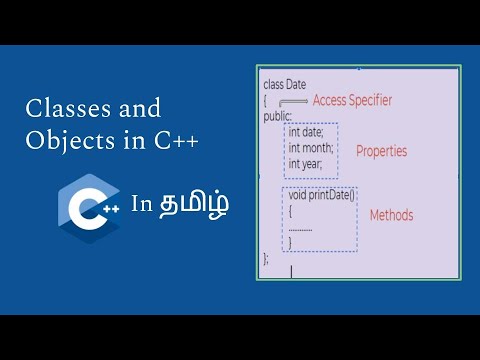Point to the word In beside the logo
coord(141,205)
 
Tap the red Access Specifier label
coord(352,100)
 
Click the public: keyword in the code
coord(277,116)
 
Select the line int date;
coord(306,132)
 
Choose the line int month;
coord(311,148)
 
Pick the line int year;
coord(305,164)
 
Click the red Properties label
coord(382,151)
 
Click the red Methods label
coord(391,215)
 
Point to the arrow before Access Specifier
coord(292,102)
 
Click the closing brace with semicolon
coord(265,257)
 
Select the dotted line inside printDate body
coord(300,227)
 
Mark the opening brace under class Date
coord(265,101)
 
